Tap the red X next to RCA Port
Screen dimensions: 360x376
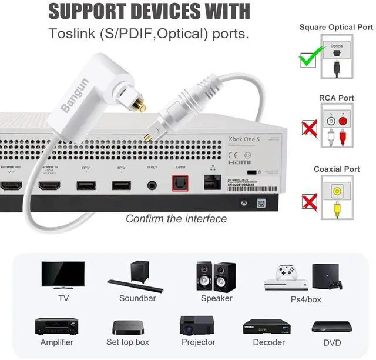pyautogui.click(x=309, y=128)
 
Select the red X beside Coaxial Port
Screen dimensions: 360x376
pyautogui.click(x=309, y=202)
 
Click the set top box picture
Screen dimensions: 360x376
pyautogui.click(x=127, y=327)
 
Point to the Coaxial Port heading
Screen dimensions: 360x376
pyautogui.click(x=336, y=169)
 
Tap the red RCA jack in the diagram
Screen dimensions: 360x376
pyautogui.click(x=342, y=121)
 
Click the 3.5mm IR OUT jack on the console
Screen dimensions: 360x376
pyautogui.click(x=153, y=185)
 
